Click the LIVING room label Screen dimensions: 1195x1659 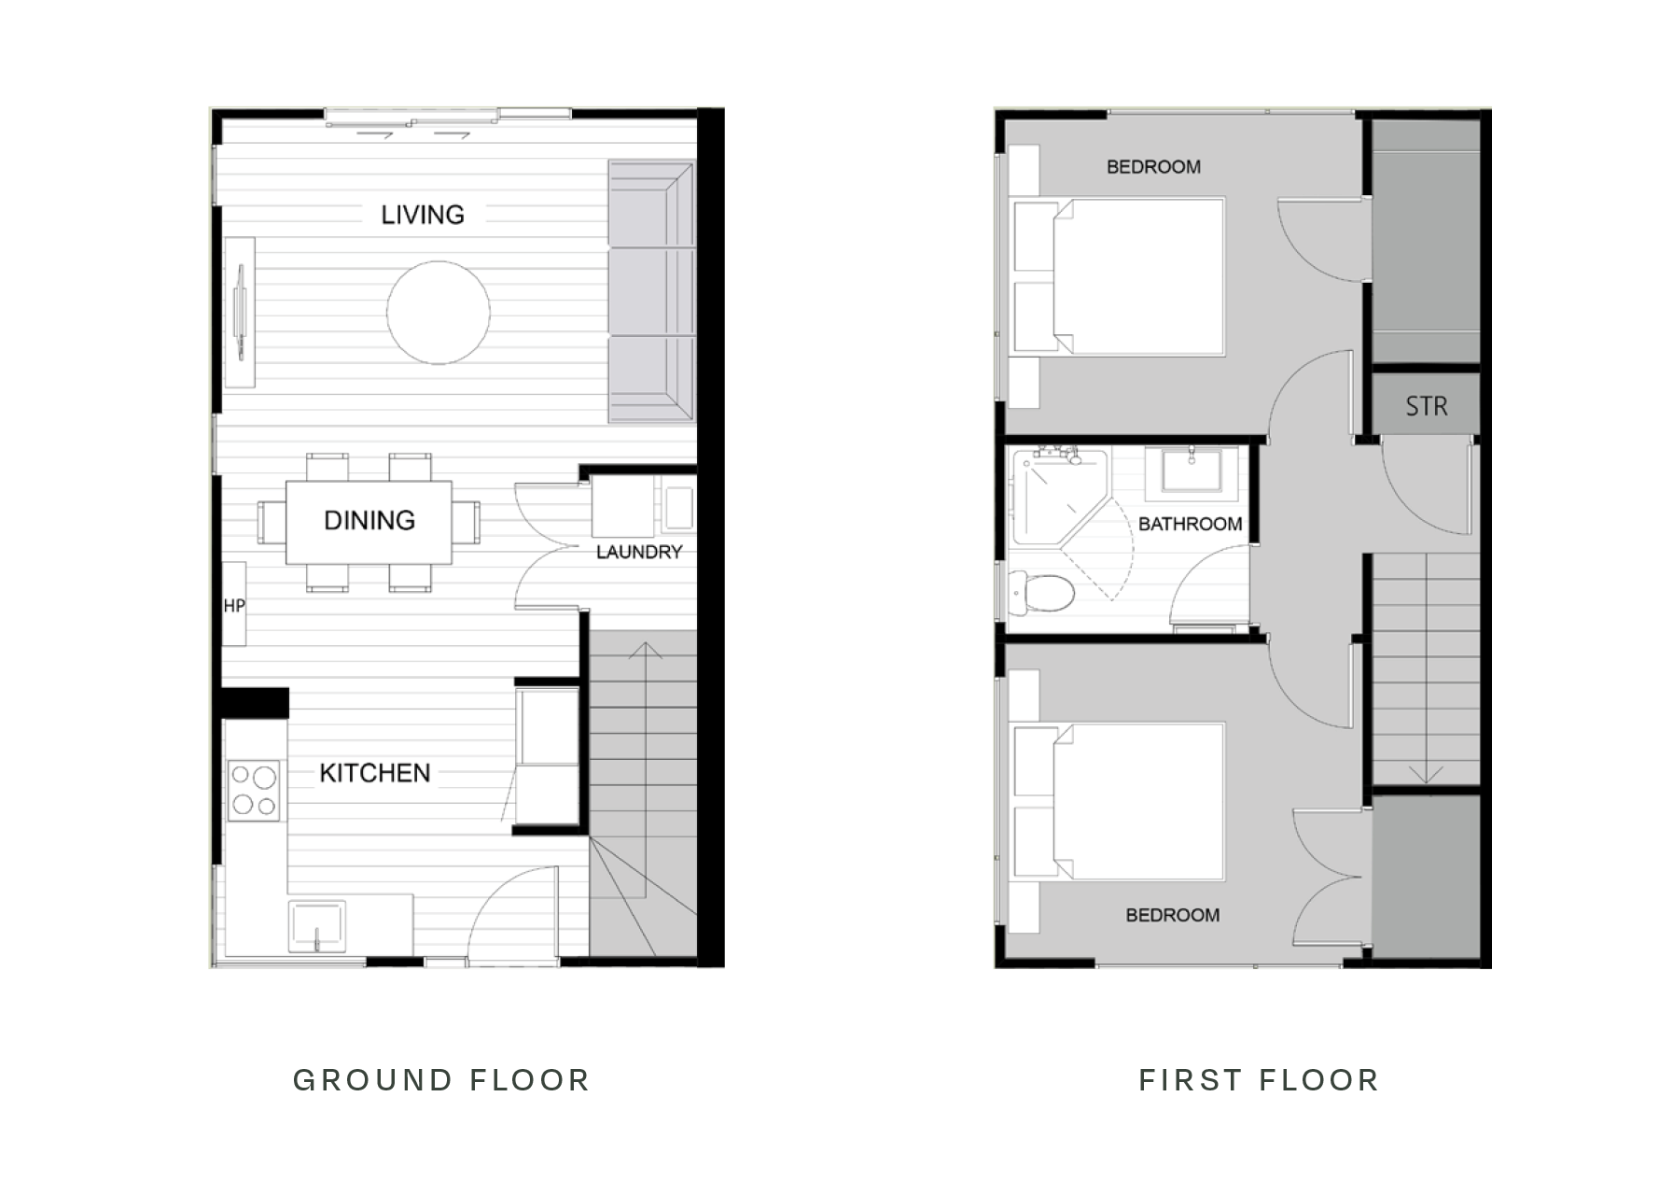pos(423,215)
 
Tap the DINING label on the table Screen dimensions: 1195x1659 pos(369,520)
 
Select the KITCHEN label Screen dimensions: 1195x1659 pos(375,773)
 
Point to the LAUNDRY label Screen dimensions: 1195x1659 pos(639,552)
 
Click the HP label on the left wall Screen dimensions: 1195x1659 pos(234,606)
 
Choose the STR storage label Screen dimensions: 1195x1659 pos(1427,406)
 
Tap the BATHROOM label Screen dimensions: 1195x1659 pos(1190,524)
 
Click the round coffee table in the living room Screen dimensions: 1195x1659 pos(438,313)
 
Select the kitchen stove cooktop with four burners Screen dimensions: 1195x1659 pos(254,790)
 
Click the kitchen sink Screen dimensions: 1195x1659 pos(316,925)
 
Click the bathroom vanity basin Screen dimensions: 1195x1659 pos(1192,470)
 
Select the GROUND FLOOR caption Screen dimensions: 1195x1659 pos(441,1080)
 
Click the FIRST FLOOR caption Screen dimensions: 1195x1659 pos(1259,1080)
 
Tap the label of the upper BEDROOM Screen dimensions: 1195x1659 pos(1153,167)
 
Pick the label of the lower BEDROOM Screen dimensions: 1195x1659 pos(1172,915)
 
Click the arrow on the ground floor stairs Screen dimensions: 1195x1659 pos(645,652)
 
